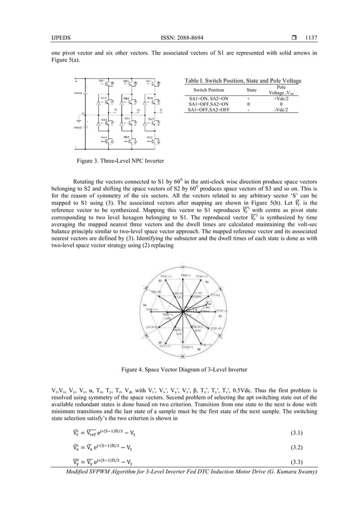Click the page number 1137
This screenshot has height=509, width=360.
(311, 38)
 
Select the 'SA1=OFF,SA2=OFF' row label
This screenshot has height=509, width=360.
(209, 110)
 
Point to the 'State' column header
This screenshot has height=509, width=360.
(251, 90)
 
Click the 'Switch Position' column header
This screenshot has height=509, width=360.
(209, 90)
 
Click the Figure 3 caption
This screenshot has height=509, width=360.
(121, 161)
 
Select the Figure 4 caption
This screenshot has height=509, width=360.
(179, 370)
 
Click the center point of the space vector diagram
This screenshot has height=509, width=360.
(183, 311)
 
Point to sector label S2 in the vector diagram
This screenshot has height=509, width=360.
(207, 280)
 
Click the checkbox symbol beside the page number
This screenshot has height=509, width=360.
(295, 38)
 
